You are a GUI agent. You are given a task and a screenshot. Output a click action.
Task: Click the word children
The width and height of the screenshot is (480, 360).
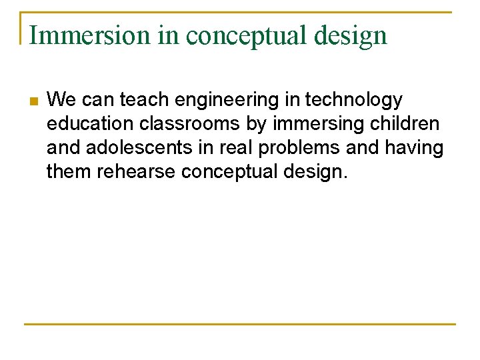(407, 124)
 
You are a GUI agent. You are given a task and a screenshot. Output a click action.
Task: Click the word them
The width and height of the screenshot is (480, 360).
(69, 172)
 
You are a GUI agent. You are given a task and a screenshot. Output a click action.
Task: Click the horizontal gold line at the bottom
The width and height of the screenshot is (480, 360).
(240, 325)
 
